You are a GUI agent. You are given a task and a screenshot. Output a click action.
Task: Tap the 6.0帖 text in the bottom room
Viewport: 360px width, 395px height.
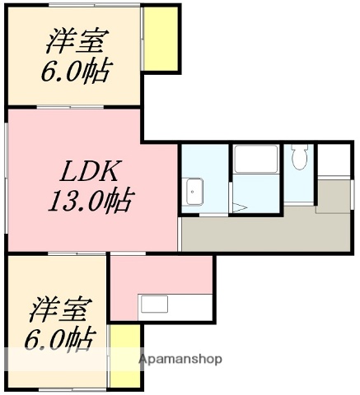[x=58, y=338]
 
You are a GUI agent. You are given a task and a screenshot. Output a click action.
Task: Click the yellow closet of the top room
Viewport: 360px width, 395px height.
[x=161, y=39]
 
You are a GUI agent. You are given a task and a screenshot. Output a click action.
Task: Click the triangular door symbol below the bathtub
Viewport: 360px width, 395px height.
[x=238, y=207]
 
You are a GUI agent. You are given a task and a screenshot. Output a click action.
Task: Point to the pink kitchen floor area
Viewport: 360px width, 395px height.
[x=161, y=276]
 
